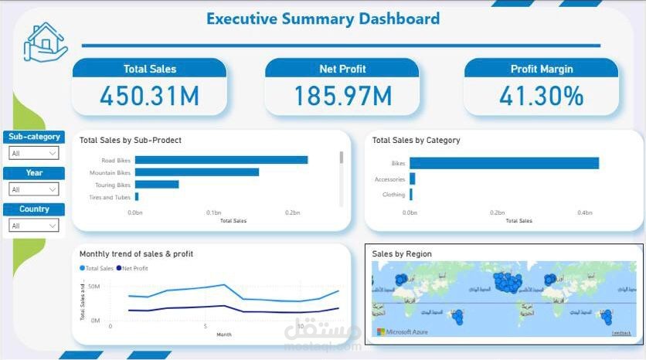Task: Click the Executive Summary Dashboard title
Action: [323, 19]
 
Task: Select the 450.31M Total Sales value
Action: [149, 96]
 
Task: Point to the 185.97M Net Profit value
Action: [342, 96]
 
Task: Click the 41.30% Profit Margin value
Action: [541, 96]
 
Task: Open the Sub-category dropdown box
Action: [33, 153]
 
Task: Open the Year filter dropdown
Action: [33, 189]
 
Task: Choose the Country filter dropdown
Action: [33, 226]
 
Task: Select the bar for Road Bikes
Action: [221, 160]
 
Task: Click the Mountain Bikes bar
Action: [196, 172]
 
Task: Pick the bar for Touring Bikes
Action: [157, 185]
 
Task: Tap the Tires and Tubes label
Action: [110, 197]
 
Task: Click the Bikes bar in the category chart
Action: [504, 163]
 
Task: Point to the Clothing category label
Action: [393, 195]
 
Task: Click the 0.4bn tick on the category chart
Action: [585, 212]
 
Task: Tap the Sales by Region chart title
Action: [402, 253]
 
